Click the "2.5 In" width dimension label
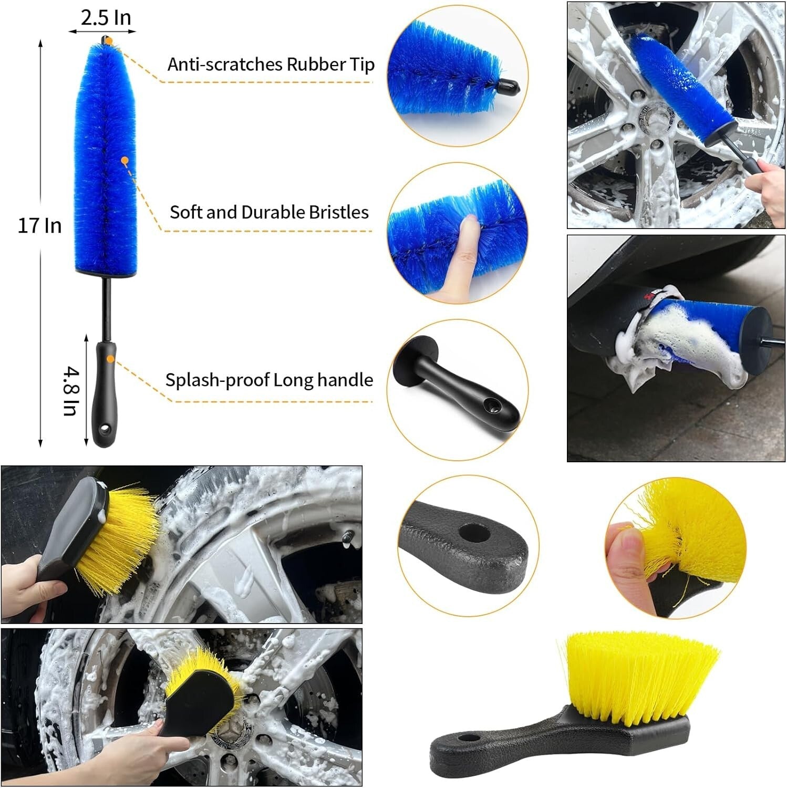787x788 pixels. tap(105, 18)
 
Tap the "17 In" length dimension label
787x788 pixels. tap(39, 225)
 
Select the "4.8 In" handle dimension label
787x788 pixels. tap(71, 391)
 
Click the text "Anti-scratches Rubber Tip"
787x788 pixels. tap(271, 64)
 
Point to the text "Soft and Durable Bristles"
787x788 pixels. tap(269, 212)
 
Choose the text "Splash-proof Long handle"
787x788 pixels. tap(269, 380)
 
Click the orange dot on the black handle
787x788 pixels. tap(110, 359)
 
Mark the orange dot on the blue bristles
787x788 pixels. tap(125, 160)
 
